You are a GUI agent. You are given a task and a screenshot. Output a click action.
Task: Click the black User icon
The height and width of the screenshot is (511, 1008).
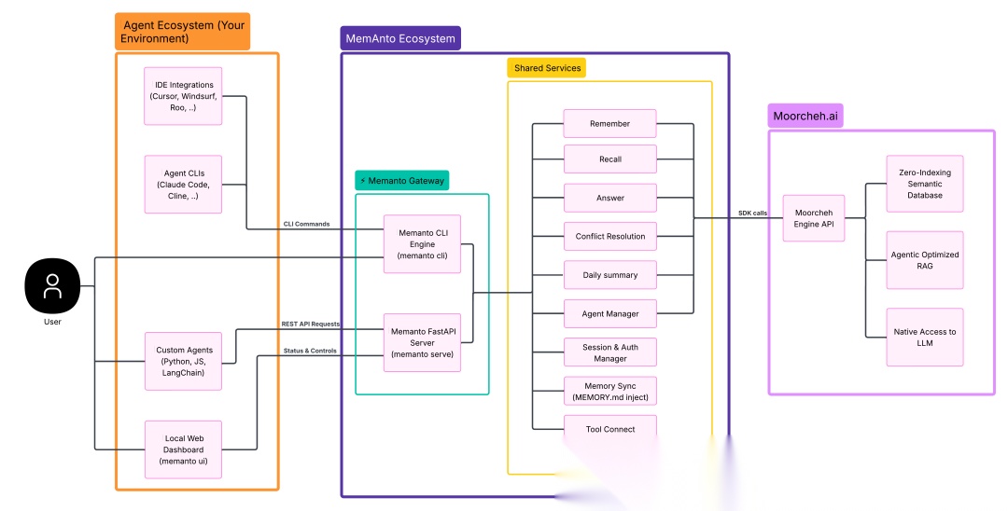pos(52,285)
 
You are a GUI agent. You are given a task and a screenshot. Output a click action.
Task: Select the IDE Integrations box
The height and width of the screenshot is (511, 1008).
pos(183,96)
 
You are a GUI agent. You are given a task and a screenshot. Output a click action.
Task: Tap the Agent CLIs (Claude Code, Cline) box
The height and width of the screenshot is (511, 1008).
pos(183,185)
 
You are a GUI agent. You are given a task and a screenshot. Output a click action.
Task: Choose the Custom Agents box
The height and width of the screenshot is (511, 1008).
pos(183,362)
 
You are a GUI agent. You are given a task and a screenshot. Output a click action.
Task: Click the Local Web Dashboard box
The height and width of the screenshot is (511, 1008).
pos(183,449)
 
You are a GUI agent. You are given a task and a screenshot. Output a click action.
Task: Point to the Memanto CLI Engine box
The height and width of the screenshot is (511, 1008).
pos(423,244)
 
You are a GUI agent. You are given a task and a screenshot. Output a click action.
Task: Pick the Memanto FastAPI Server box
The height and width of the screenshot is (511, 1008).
pos(423,343)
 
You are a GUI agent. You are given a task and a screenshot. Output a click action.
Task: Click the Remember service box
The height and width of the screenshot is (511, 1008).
pos(610,123)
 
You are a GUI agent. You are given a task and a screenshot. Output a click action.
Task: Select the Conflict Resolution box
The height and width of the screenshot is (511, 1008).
pos(610,236)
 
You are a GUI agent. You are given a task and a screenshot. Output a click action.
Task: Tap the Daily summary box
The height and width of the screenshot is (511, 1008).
pos(610,275)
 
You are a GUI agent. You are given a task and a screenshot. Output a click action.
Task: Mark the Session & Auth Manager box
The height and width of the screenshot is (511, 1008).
pos(610,352)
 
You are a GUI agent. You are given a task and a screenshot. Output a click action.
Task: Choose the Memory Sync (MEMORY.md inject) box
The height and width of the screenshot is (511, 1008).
pos(610,391)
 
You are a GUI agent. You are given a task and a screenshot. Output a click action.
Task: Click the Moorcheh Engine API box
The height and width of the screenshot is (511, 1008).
pos(813,218)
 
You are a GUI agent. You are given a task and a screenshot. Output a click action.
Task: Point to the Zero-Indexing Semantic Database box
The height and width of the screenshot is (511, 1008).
pos(924,184)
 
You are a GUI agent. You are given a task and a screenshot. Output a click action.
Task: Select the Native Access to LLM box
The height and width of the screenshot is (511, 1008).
pos(924,337)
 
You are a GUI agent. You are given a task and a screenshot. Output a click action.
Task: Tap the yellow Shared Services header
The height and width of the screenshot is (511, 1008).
pos(547,68)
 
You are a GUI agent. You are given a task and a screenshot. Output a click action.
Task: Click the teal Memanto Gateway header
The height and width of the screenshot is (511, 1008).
pos(402,180)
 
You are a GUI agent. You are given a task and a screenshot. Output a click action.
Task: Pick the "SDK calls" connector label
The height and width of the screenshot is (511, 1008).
pos(752,214)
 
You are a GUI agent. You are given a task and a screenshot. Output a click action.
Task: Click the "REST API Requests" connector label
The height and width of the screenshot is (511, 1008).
pos(311,325)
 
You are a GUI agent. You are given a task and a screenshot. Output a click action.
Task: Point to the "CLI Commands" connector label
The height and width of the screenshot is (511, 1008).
pos(307,224)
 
